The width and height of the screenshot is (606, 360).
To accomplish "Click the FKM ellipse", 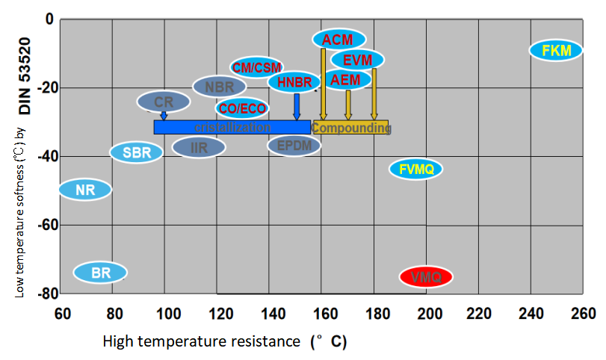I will coord(556,51).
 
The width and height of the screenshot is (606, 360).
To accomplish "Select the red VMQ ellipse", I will coord(426,277).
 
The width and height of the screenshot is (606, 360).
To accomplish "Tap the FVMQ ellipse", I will coord(416,169).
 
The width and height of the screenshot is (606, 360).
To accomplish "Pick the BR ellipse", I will coord(101,273).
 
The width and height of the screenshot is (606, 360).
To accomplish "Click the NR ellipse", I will coord(85,190).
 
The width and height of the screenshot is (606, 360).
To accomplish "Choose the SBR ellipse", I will coord(136,153).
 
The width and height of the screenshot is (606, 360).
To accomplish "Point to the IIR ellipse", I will coord(199,147).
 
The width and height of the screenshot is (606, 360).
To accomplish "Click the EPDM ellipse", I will coord(294,146).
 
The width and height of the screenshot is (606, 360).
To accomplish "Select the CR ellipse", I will coord(164,102).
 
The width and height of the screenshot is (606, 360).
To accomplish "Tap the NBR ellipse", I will coord(220,87).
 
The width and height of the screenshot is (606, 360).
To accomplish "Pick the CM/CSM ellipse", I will coord(257,67).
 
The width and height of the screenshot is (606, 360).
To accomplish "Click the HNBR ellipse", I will coord(294,82).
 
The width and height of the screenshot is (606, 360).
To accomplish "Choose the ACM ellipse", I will coord(339,39).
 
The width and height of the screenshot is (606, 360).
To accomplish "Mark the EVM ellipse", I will coord(357,59).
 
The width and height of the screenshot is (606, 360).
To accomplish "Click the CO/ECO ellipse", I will coord(242,108).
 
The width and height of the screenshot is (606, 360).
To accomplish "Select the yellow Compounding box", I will coord(350,128).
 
